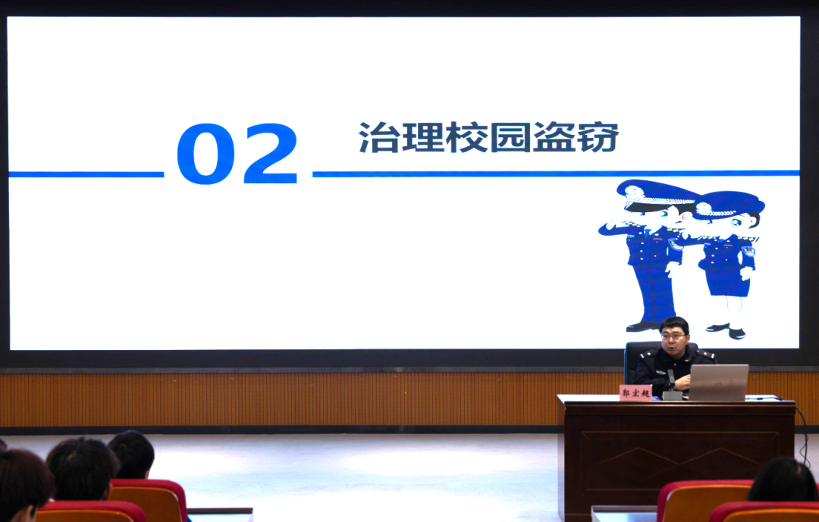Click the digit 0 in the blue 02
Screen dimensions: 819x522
[x=206, y=154]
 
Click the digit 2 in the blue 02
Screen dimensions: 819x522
[x=271, y=153]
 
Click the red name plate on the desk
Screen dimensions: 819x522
[x=635, y=392]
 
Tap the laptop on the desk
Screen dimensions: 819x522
[x=719, y=383]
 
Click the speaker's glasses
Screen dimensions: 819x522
[x=673, y=336]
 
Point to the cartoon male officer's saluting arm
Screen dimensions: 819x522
[x=622, y=227]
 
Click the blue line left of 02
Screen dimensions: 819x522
[x=86, y=174]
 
